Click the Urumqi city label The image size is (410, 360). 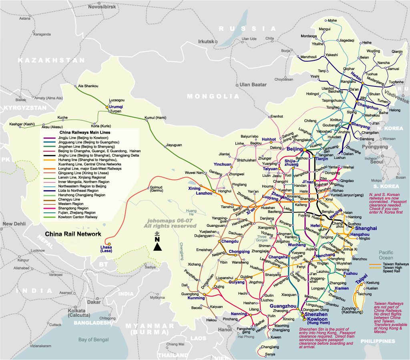[x=116, y=107]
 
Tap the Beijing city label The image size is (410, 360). [x=295, y=149]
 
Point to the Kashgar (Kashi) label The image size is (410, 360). [x=22, y=124]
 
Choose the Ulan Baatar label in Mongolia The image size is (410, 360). [x=253, y=85]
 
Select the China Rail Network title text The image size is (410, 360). [x=73, y=234]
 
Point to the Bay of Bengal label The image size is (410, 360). [x=93, y=340]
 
